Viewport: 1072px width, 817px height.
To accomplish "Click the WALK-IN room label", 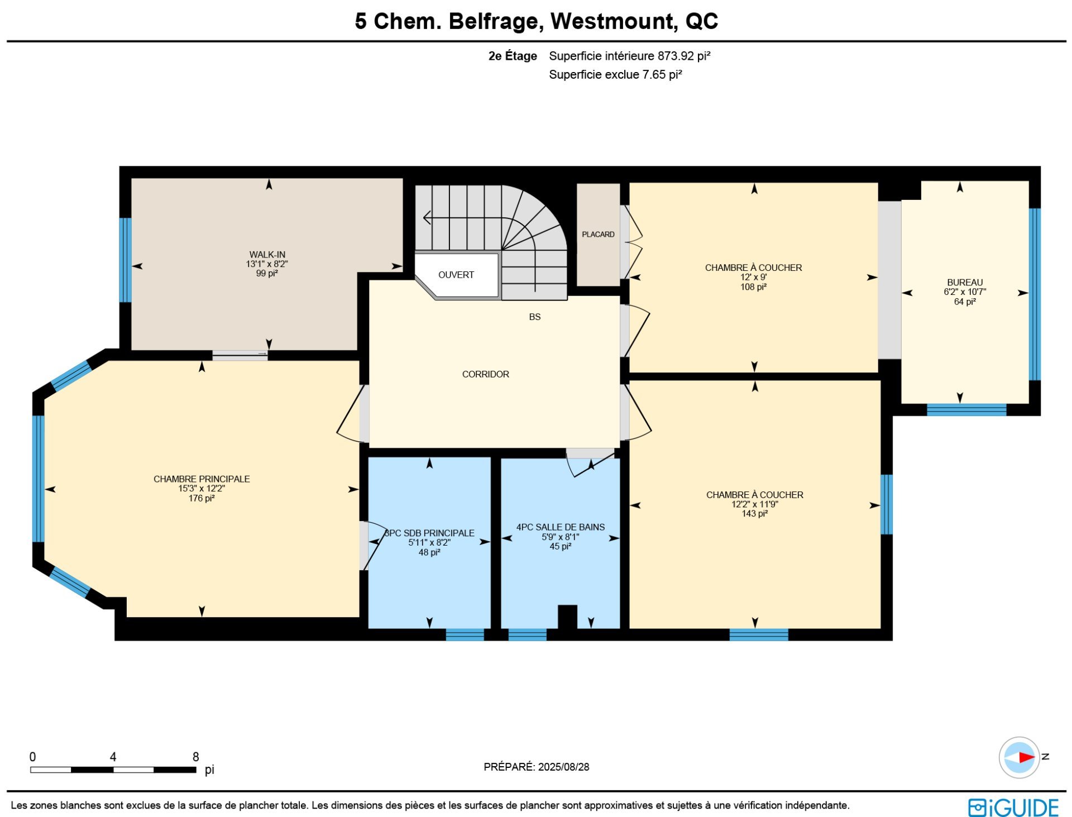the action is [267, 255].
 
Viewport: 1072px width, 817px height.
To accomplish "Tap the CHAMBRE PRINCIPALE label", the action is [202, 479].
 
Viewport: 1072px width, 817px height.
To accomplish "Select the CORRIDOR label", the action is [486, 374].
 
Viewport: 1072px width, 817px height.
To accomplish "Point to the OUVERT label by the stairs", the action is [456, 275].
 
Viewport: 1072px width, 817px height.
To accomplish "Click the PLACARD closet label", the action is [598, 235].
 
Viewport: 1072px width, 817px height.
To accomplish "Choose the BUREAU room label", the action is [965, 283].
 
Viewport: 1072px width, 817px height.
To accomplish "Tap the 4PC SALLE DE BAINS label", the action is [561, 527].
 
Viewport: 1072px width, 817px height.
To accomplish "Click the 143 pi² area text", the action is [754, 514].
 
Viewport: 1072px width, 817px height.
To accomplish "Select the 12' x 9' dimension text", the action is [753, 278].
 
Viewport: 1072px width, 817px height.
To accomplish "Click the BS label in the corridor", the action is [535, 317].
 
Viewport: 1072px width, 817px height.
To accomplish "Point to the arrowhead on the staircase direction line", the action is [427, 217].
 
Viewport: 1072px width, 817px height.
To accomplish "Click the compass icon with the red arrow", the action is [1020, 757].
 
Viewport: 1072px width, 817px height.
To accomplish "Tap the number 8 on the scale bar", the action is [196, 757].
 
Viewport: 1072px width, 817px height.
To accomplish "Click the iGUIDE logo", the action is [1013, 808].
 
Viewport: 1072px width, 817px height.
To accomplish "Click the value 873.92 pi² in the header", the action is [684, 56].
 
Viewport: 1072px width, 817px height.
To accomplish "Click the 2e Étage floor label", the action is [513, 56].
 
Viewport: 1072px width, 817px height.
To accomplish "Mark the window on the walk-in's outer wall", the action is [126, 260].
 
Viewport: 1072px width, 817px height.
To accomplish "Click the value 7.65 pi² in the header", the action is [662, 74].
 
